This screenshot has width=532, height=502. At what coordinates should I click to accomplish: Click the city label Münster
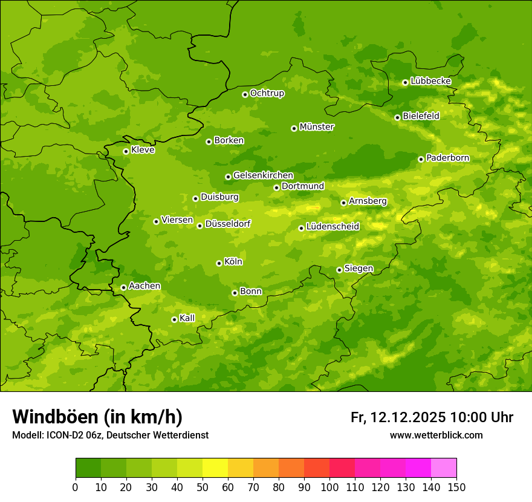317,127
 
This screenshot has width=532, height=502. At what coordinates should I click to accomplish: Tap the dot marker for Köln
219,263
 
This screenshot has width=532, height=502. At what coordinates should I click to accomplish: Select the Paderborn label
447,158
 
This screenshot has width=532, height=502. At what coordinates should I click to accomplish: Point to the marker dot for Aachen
123,287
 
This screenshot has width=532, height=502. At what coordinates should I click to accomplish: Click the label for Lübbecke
430,81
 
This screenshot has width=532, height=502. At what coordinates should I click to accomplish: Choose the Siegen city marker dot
339,270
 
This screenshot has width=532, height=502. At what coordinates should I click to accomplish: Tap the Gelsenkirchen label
263,175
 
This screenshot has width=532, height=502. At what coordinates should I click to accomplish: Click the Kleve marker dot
126,151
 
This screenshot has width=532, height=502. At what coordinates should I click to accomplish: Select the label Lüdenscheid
332,227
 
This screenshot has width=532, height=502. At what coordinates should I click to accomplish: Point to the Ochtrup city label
267,93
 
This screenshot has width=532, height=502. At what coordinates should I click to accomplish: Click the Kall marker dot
174,319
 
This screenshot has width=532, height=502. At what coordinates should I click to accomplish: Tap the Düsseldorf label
227,224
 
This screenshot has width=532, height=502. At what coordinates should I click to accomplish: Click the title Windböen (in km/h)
97,417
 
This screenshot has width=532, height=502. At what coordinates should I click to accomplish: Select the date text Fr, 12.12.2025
398,417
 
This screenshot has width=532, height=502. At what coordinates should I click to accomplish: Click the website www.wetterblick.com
436,435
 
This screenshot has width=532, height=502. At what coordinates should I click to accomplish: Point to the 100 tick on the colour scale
329,487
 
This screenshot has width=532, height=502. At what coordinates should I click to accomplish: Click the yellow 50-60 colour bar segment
215,468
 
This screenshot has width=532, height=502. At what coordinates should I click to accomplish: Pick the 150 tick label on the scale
456,487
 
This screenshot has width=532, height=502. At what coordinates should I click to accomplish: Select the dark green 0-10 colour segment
88,468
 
